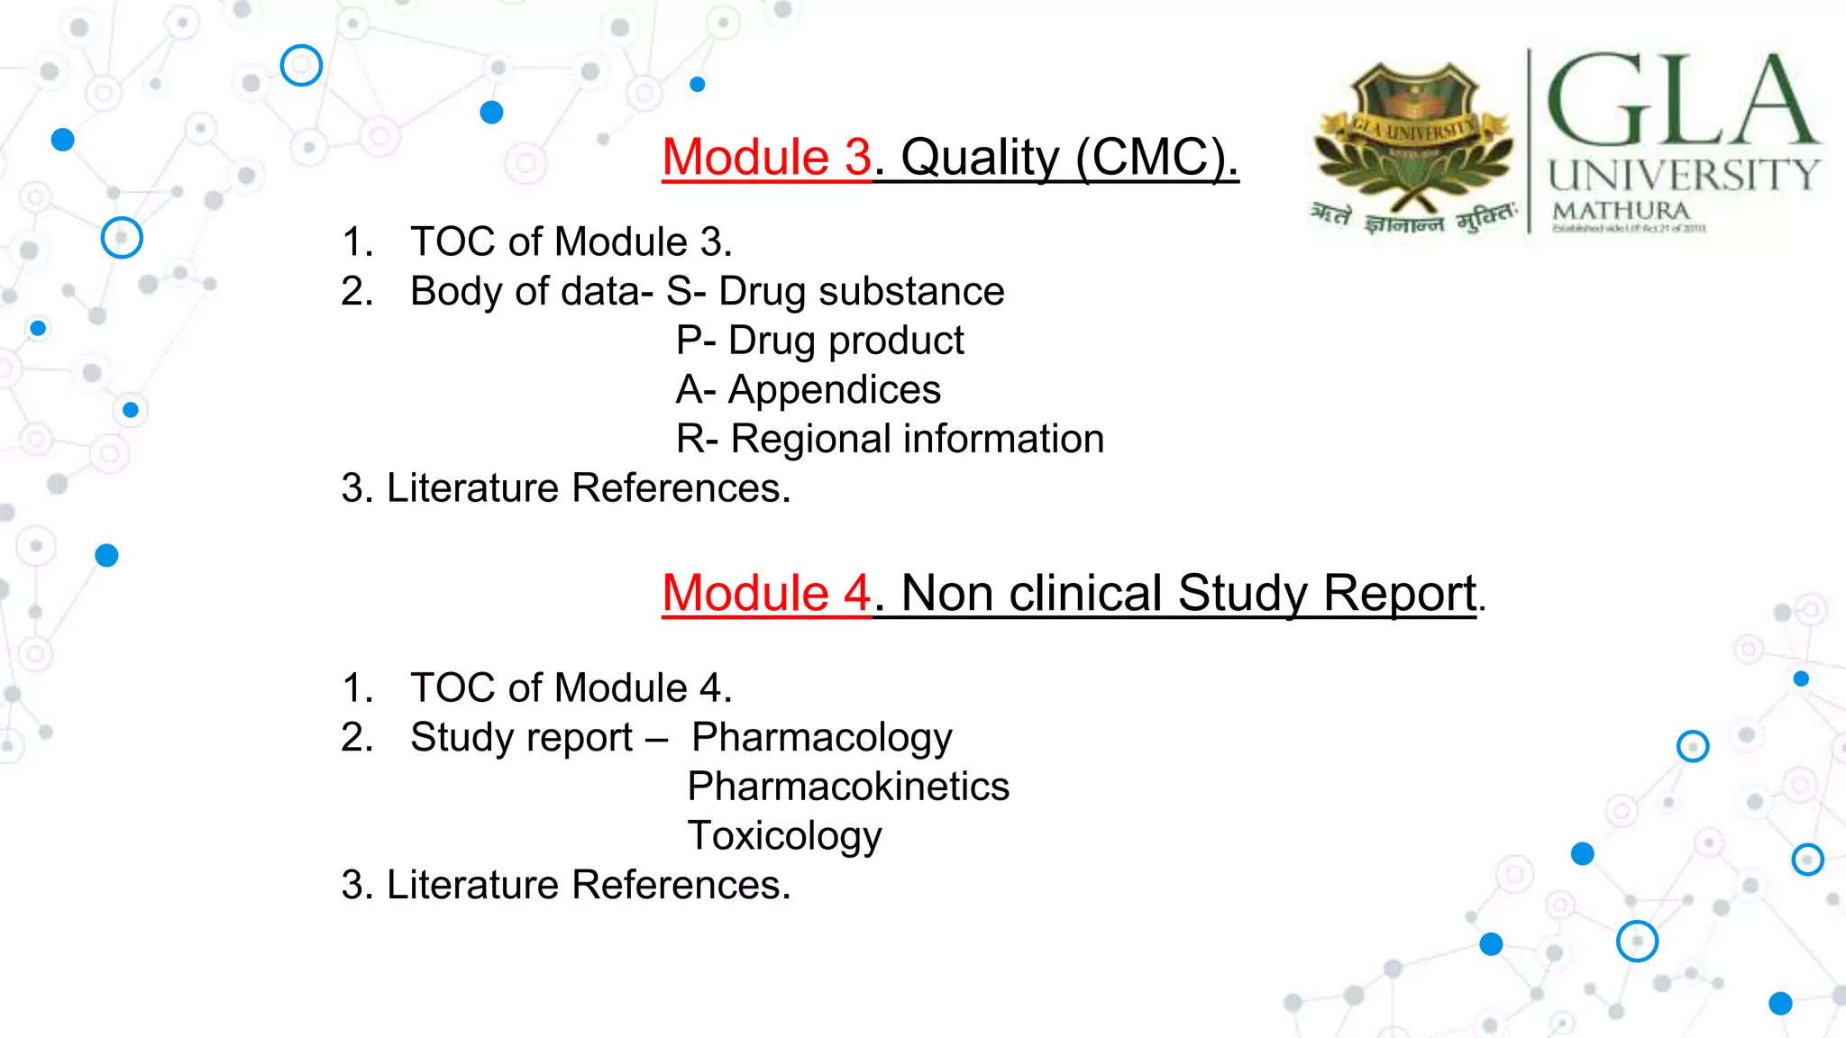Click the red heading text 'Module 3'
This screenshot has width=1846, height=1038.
pos(766,158)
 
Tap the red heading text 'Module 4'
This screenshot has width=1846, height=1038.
pos(766,594)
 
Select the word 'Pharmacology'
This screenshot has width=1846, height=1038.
pos(821,738)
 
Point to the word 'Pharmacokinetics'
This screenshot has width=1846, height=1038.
pos(848,787)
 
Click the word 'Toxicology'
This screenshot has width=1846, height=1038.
pos(784,836)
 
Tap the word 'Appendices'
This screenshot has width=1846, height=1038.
pos(834,390)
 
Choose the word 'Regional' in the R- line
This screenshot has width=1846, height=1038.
pos(810,440)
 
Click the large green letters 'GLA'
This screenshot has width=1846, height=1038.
pos(1681,101)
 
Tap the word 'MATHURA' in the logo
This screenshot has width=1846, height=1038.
pos(1621,211)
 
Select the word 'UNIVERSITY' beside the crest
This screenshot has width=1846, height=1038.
pos(1684,174)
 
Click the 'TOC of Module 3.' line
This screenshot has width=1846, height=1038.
pos(571,242)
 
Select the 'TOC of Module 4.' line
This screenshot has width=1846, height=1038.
pos(571,688)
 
